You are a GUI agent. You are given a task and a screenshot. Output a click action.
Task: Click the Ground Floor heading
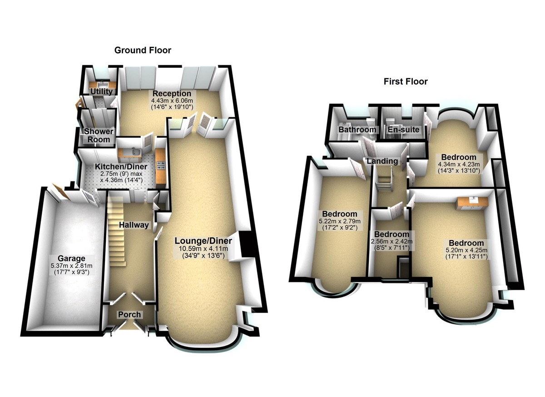pyautogui.click(x=143, y=50)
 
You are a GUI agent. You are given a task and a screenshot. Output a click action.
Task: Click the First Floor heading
pyautogui.click(x=406, y=82)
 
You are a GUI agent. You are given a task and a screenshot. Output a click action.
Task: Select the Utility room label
pyautogui.click(x=101, y=92)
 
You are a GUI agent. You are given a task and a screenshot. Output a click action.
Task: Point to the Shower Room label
pyautogui.click(x=99, y=135)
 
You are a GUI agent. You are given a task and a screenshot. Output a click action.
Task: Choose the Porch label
pyautogui.click(x=129, y=314)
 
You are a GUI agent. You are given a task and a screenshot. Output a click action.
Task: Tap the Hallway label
pyautogui.click(x=134, y=225)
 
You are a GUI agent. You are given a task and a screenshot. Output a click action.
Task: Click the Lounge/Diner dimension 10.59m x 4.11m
pyautogui.click(x=204, y=248)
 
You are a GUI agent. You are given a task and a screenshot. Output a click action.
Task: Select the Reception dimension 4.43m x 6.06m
pyautogui.click(x=172, y=101)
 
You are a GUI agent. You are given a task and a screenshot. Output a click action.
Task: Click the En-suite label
pyautogui.click(x=403, y=130)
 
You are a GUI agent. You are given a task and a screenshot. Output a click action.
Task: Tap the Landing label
pyautogui.click(x=382, y=161)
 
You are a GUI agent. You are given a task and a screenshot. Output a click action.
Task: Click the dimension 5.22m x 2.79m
pyautogui.click(x=340, y=221)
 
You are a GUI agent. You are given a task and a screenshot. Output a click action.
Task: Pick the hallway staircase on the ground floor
pyautogui.click(x=118, y=232)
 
